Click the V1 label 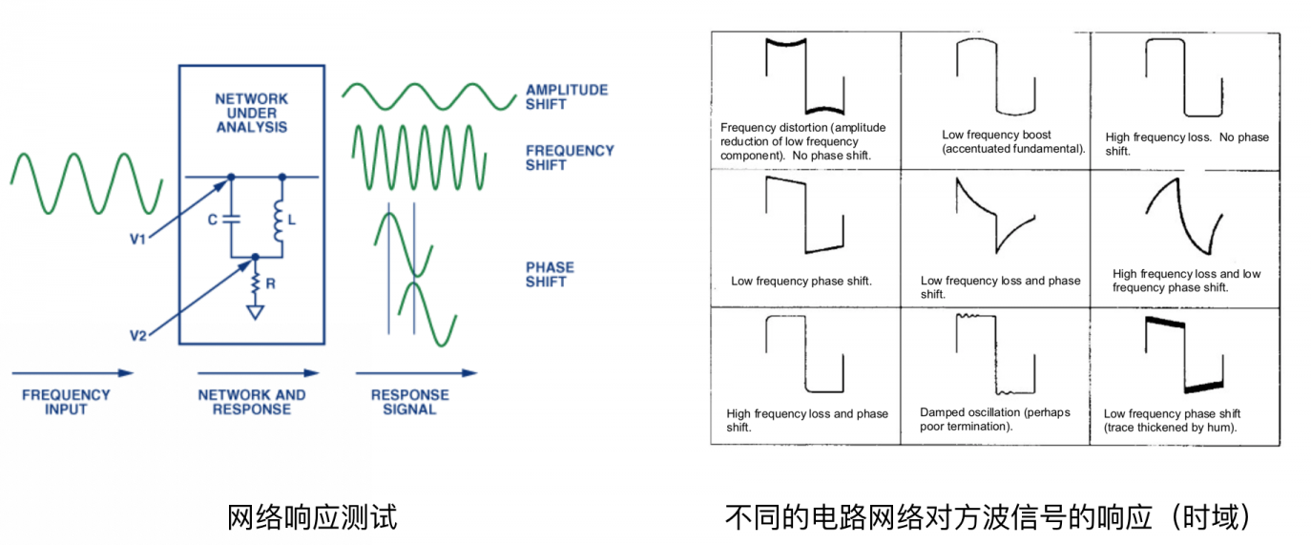pos(137,239)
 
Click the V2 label pos(138,335)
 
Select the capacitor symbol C pos(232,219)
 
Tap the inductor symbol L pos(279,220)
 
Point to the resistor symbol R pos(255,283)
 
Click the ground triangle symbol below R pos(255,312)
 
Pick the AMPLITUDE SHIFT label pos(567,97)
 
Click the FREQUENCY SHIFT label pos(570,158)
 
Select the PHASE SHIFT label pos(550,275)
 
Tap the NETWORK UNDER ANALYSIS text pos(252,113)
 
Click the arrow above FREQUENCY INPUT pos(73,373)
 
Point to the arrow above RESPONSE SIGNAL pos(416,373)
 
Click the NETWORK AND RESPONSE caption pos(252,402)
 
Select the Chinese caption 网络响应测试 pos(312,517)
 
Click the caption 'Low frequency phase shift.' pos(801,281)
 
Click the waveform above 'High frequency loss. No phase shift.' pos(1184,78)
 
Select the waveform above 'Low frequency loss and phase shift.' pos(995,216)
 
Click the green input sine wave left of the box pos(86,183)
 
